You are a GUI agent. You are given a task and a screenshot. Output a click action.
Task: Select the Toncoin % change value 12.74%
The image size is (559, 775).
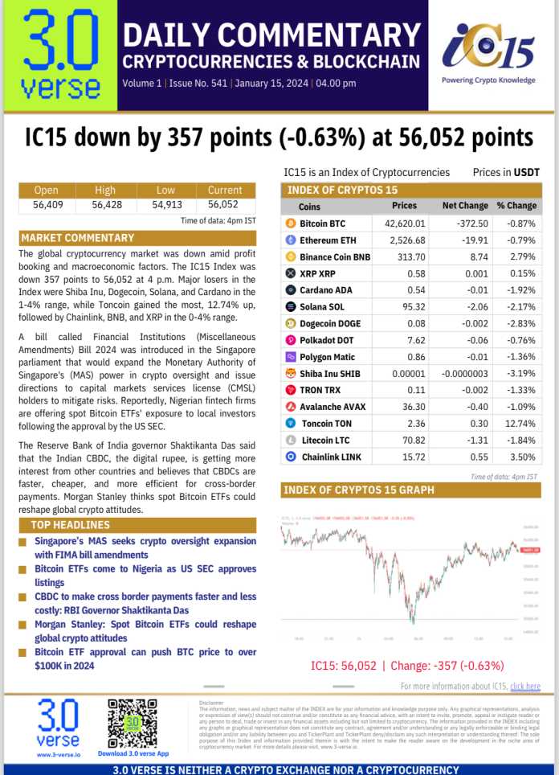tap(516, 423)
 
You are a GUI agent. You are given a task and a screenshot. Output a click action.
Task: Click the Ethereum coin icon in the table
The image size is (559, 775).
tap(291, 240)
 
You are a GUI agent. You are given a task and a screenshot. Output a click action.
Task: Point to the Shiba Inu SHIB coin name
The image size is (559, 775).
tap(328, 373)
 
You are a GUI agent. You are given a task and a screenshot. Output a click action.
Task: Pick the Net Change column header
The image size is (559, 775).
tap(460, 206)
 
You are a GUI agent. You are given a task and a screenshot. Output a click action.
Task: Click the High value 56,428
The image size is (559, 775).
tap(105, 204)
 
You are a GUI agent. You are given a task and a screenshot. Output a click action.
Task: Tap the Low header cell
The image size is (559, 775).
tap(165, 191)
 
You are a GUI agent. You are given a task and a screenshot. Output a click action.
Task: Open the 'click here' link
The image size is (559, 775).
tap(524, 686)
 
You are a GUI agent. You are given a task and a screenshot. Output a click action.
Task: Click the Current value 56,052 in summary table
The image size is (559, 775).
tap(225, 204)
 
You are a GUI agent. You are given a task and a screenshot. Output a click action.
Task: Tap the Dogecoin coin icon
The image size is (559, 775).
tap(291, 323)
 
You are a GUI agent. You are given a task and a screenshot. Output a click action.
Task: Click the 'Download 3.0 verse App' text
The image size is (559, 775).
tap(133, 753)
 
